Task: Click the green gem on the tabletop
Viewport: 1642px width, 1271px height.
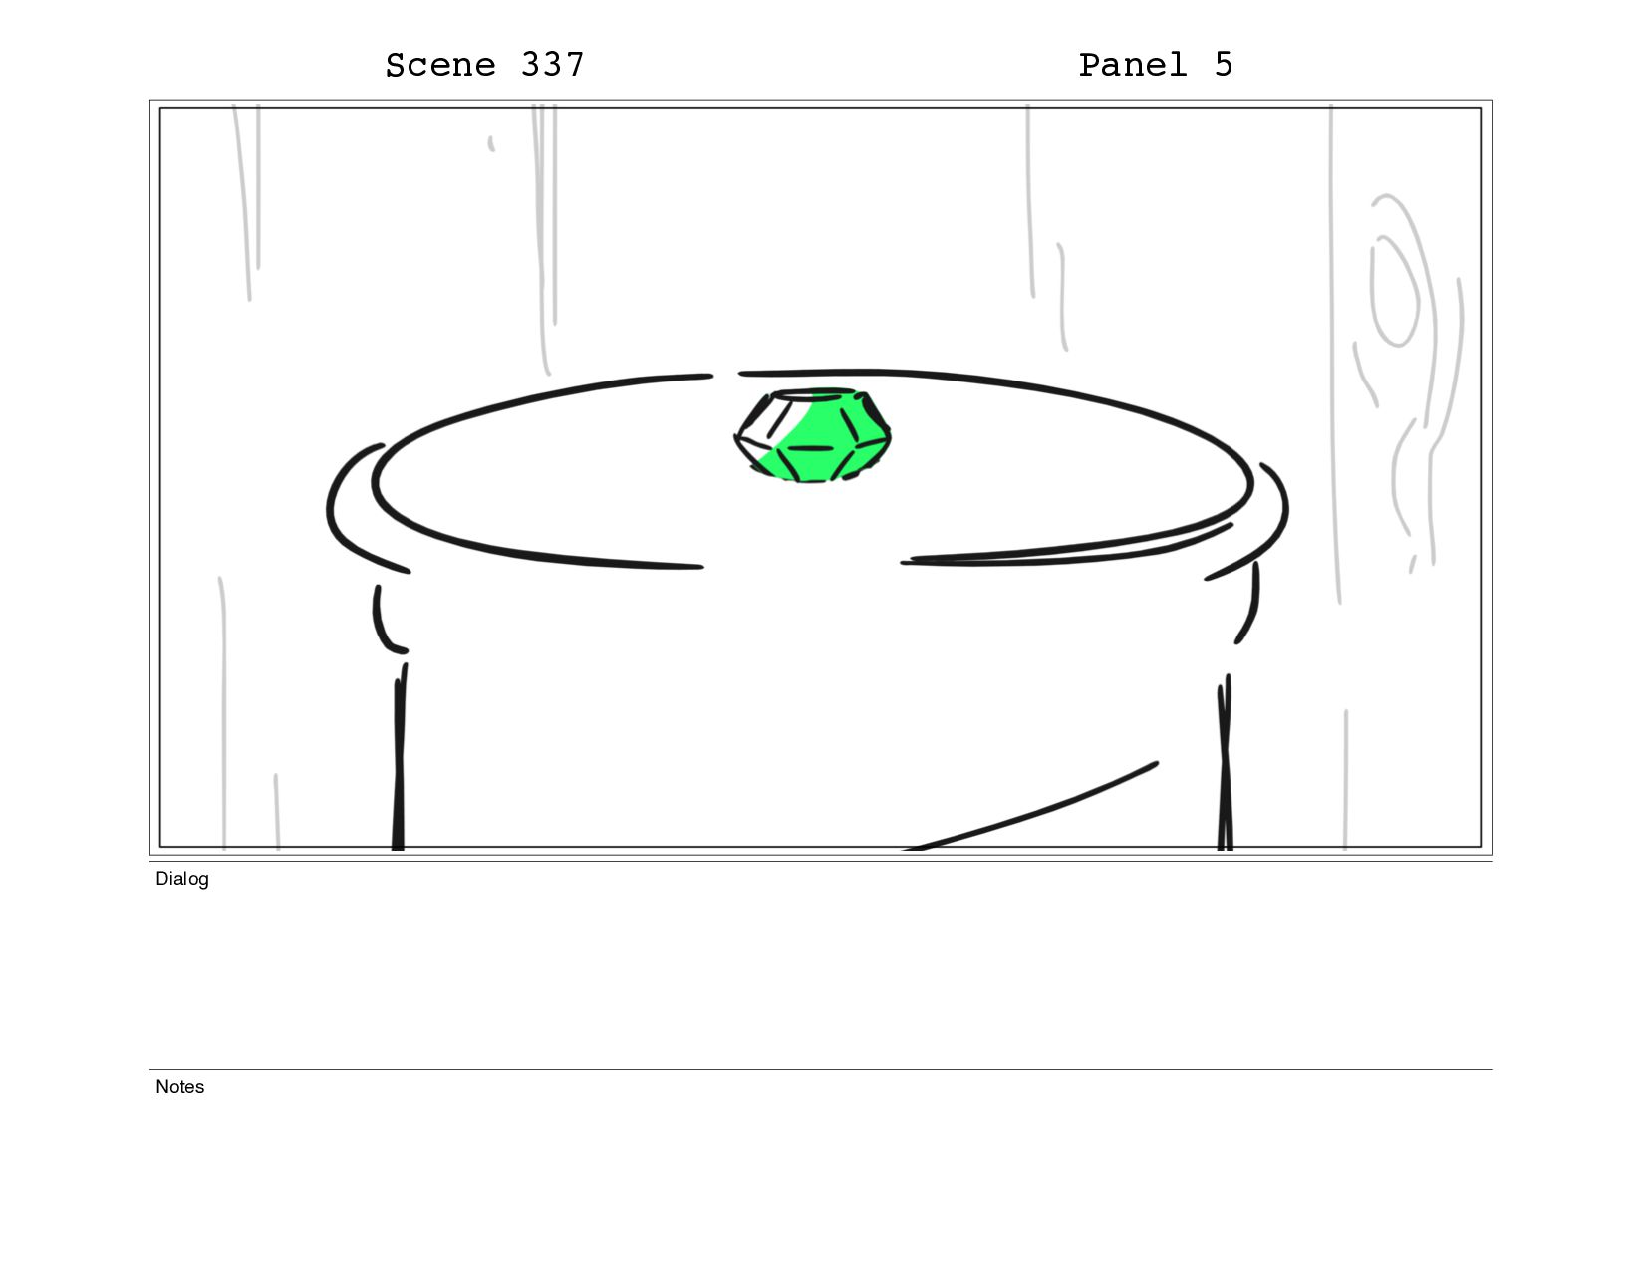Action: click(812, 435)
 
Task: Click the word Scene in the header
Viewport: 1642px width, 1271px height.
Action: click(440, 65)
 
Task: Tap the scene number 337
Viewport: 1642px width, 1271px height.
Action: click(552, 65)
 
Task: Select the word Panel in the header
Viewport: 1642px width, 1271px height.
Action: click(1133, 65)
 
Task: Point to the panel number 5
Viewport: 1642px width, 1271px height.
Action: click(1225, 65)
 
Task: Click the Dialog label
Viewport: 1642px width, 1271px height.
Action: click(182, 879)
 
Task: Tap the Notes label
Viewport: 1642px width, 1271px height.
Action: click(179, 1086)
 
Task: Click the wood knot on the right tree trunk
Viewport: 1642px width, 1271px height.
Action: click(1394, 291)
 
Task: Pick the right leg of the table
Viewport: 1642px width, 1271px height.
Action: click(1225, 763)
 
